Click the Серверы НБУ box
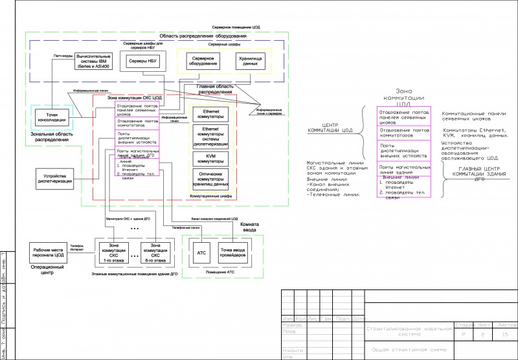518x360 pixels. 142,61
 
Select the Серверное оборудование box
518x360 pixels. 203,62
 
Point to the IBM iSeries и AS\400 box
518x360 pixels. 93,62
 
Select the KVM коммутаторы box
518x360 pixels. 211,158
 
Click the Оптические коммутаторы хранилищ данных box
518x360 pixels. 211,178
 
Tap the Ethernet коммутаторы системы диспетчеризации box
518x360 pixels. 211,137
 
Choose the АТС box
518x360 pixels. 201,253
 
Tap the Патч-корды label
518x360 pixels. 62,56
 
